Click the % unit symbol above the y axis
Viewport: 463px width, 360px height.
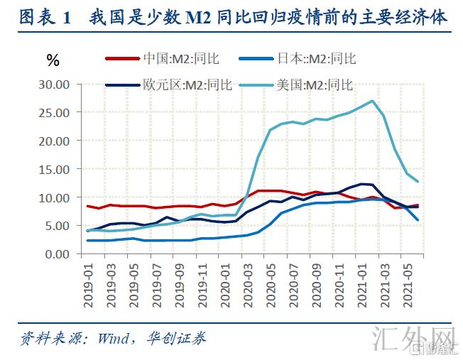tap(53, 60)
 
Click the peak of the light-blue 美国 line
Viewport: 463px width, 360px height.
tap(372, 101)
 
